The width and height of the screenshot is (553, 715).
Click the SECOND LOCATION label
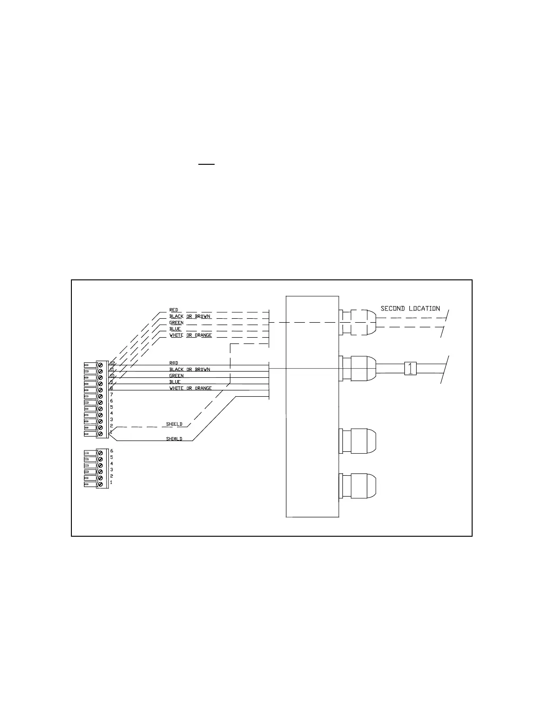click(410, 309)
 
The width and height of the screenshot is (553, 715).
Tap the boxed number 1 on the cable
click(410, 368)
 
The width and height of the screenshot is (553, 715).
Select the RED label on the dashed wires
click(173, 310)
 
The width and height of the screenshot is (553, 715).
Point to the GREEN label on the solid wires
click(176, 376)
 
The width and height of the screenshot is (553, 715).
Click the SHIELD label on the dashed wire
click(174, 424)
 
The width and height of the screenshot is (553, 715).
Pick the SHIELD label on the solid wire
click(174, 439)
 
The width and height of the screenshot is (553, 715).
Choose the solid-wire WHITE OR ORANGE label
click(190, 388)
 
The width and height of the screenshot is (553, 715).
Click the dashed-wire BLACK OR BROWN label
click(189, 316)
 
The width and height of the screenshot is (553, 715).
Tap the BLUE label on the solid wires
click(175, 382)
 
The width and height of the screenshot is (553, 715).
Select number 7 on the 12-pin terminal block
click(111, 395)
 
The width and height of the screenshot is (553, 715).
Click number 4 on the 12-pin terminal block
click(111, 413)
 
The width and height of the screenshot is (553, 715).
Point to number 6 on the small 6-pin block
click(111, 451)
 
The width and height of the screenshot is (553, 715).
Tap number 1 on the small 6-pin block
click(111, 483)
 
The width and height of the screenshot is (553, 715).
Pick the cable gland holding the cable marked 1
click(358, 369)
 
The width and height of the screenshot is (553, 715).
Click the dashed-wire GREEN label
click(176, 323)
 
